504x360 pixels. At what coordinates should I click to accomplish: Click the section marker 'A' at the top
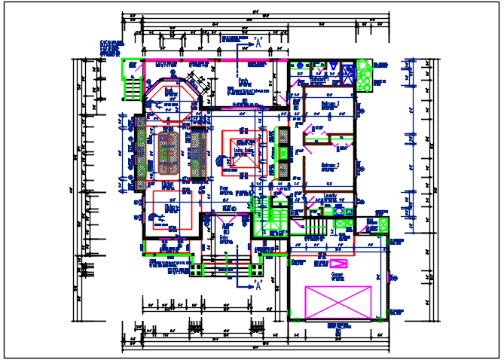pos(258,40)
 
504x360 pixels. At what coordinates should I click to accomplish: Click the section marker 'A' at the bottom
pos(258,285)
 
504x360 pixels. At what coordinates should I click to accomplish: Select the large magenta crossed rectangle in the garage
pos(338,303)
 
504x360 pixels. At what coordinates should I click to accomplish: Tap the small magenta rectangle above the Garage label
pos(338,263)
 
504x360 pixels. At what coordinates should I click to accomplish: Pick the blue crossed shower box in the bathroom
pos(349,75)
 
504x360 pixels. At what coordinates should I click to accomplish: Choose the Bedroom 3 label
pos(331,103)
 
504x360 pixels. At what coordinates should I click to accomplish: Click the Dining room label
pos(170,208)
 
